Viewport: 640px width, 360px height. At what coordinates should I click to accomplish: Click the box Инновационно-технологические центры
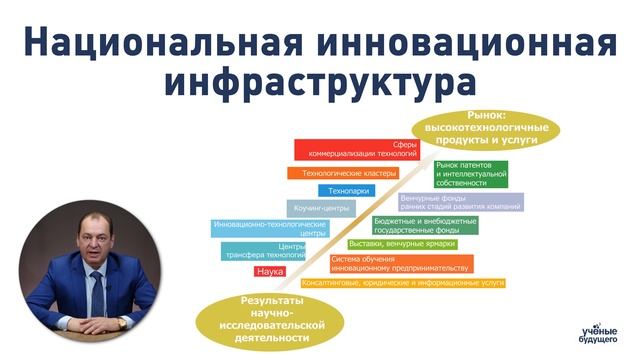(x=271, y=229)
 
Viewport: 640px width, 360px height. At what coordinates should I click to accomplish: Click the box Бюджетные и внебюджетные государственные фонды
(x=425, y=225)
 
